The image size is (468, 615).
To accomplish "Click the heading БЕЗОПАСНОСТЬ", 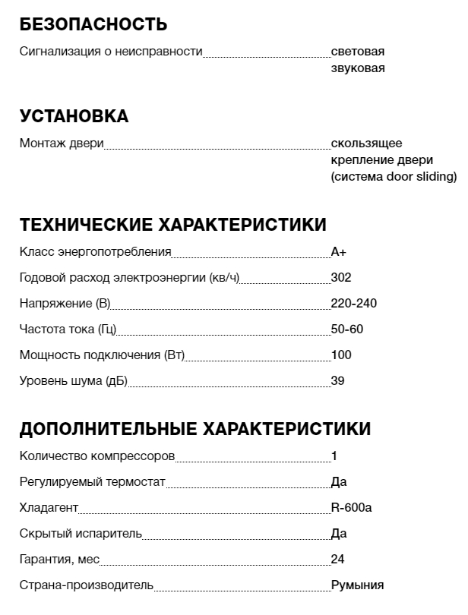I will pyautogui.click(x=93, y=24).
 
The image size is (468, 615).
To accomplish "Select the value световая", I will pyautogui.click(x=357, y=52).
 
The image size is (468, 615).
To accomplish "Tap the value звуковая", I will pyautogui.click(x=357, y=68).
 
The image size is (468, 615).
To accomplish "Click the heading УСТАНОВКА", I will pyautogui.click(x=74, y=116).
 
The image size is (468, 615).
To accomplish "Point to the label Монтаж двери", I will pyautogui.click(x=62, y=143).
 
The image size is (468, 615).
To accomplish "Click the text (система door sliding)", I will pyautogui.click(x=394, y=177).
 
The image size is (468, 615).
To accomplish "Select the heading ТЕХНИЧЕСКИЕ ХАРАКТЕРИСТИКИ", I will pyautogui.click(x=172, y=225).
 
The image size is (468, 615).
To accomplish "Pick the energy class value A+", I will pyautogui.click(x=339, y=252).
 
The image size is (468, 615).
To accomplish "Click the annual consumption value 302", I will pyautogui.click(x=341, y=278).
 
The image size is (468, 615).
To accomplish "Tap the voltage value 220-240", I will pyautogui.click(x=353, y=304).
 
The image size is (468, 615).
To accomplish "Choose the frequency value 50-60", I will pyautogui.click(x=348, y=330).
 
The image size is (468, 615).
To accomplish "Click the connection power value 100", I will pyautogui.click(x=341, y=355).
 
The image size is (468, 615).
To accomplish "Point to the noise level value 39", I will pyautogui.click(x=337, y=381).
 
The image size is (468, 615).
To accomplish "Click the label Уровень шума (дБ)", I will pyautogui.click(x=73, y=381).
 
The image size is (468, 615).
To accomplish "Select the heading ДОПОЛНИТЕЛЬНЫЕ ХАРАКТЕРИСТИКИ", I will pyautogui.click(x=194, y=429).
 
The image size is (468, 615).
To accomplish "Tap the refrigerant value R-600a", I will pyautogui.click(x=352, y=508).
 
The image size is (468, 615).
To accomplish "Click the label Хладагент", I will pyautogui.click(x=49, y=508).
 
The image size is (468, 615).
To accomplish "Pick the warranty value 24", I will pyautogui.click(x=337, y=560).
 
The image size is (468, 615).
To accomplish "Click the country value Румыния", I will pyautogui.click(x=357, y=585).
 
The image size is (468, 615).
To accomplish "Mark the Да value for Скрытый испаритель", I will pyautogui.click(x=339, y=534).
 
